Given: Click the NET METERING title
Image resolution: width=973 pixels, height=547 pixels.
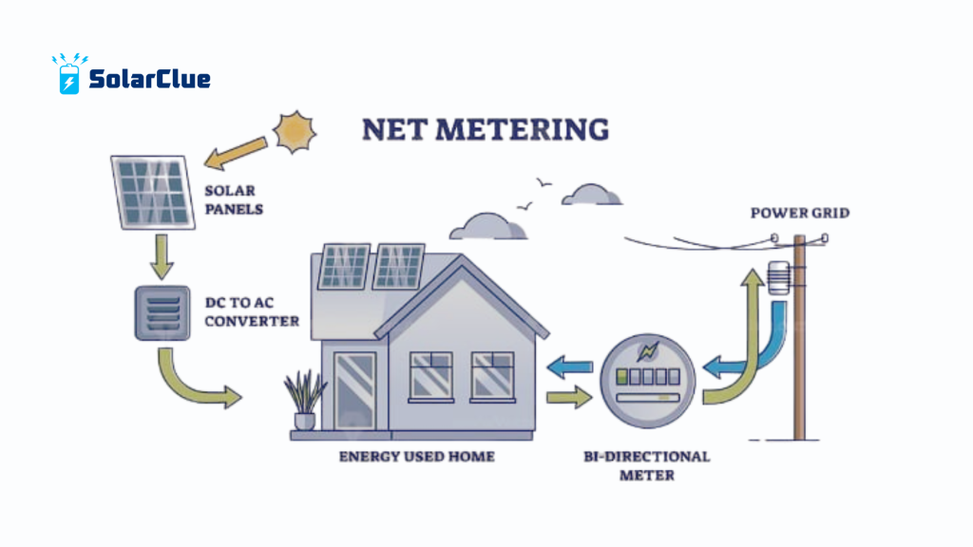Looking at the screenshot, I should (x=486, y=129).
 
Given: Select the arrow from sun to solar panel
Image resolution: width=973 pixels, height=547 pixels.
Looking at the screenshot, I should (x=238, y=152).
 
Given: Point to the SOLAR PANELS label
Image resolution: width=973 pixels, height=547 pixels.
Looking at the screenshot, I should (x=234, y=199).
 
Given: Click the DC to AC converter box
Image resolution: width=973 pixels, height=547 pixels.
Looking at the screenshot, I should (x=163, y=312).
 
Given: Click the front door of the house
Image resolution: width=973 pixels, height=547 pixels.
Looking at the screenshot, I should (x=355, y=390).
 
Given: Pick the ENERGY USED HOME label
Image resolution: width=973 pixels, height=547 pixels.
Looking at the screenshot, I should (x=417, y=457).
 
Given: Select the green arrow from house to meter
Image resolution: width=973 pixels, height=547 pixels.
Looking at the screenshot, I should (x=570, y=396).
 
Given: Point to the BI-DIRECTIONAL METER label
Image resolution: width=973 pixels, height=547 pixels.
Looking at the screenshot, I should (x=646, y=465).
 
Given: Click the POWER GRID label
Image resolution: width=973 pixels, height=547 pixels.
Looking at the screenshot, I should (x=800, y=213).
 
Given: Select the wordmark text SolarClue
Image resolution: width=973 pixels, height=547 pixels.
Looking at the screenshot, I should (x=149, y=79).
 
